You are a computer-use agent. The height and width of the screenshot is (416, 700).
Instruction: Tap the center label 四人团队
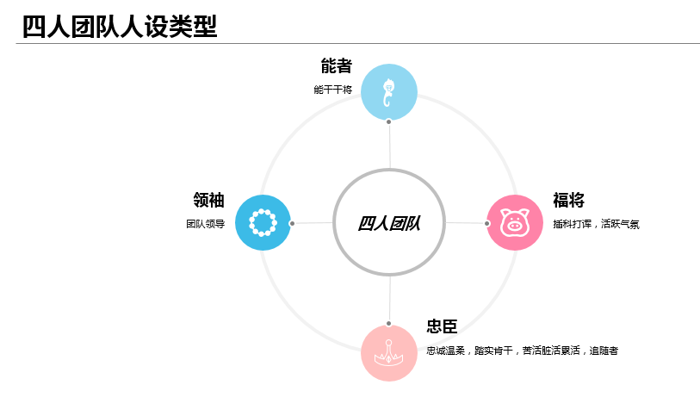[x=389, y=223]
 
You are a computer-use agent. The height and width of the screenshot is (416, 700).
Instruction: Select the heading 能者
[x=336, y=66]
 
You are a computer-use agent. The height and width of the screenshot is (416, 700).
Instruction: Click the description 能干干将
[x=332, y=90]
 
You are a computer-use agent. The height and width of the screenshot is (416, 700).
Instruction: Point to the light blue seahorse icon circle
[x=389, y=91]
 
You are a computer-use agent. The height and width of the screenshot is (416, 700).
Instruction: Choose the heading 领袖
[x=209, y=201]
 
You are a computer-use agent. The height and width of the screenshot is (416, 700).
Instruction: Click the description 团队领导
[x=205, y=224]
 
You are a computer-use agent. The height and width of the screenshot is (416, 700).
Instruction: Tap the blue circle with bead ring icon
[x=263, y=222]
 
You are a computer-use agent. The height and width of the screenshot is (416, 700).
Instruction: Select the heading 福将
[x=568, y=201]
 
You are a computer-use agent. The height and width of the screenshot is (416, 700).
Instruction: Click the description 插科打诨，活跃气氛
[x=596, y=224]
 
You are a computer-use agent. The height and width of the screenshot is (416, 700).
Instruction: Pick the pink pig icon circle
[x=515, y=223]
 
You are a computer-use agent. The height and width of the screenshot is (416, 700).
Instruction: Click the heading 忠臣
[x=442, y=326]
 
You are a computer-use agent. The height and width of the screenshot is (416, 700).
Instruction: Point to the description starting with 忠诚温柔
[x=522, y=351]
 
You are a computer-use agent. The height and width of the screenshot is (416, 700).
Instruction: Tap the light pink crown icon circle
[x=389, y=352]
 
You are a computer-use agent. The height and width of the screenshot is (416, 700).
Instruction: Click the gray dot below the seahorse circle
[x=389, y=121]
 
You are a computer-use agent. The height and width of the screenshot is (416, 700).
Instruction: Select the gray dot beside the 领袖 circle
[x=293, y=223]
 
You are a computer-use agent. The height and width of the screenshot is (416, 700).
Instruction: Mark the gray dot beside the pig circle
[x=486, y=223]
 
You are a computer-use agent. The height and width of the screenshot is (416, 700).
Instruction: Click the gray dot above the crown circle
[x=389, y=324]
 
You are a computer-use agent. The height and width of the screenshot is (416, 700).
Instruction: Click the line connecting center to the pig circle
[x=465, y=223]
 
